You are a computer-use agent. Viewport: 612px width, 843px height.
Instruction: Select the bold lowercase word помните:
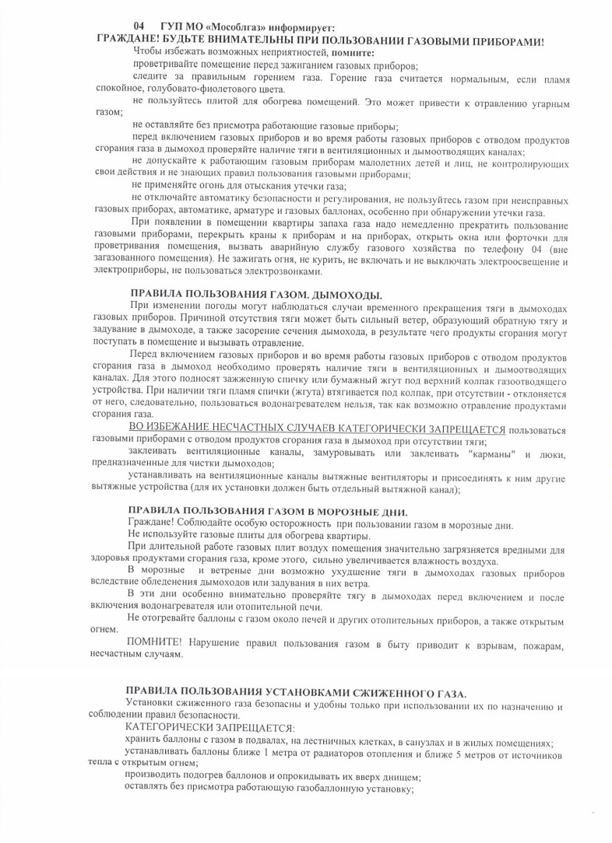coord(351,52)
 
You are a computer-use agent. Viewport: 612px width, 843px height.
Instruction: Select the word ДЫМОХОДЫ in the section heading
coord(346,296)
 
